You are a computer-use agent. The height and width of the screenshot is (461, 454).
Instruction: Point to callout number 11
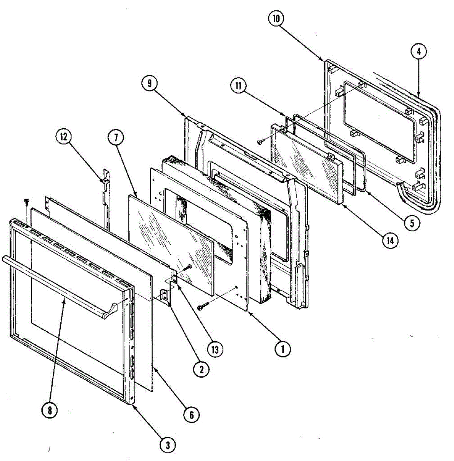click(238, 86)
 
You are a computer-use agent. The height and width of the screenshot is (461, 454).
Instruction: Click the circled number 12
click(63, 137)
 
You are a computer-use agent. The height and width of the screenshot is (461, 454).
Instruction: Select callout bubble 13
click(215, 349)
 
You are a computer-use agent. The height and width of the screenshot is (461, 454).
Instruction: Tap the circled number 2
click(201, 369)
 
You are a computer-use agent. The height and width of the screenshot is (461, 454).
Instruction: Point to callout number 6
click(191, 415)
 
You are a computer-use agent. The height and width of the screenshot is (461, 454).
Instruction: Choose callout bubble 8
click(50, 410)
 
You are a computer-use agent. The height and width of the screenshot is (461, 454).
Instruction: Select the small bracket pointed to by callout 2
click(165, 296)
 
